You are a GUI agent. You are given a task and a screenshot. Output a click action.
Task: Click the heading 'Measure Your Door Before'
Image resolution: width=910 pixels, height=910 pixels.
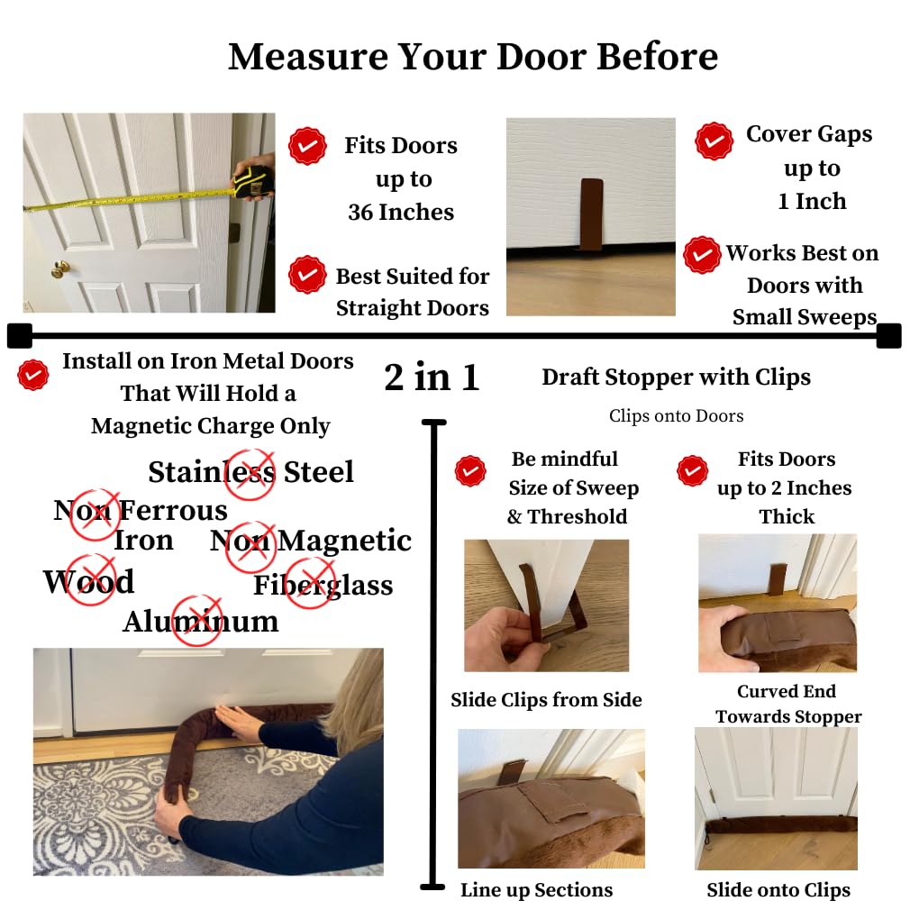(x=473, y=57)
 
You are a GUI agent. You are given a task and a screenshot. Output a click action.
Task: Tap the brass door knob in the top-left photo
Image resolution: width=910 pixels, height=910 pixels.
(x=59, y=269)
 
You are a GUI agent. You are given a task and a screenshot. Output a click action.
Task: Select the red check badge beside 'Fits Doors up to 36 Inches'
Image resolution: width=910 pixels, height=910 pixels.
(x=307, y=145)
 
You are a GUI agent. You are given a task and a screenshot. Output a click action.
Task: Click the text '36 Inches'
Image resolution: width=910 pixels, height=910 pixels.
(x=401, y=212)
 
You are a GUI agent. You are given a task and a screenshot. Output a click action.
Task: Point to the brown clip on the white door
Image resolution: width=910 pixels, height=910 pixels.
(x=591, y=214)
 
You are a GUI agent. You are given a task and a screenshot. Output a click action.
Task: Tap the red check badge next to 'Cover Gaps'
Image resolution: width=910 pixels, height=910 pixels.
(x=714, y=141)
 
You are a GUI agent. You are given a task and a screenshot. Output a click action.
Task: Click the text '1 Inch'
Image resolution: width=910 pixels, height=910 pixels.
(x=812, y=201)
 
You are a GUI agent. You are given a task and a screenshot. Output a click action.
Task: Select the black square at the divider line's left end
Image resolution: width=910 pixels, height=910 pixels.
(x=19, y=335)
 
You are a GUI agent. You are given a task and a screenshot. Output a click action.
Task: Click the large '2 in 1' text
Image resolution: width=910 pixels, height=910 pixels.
(x=432, y=378)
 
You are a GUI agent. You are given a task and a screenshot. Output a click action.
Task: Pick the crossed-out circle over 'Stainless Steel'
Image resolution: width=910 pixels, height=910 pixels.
(x=250, y=473)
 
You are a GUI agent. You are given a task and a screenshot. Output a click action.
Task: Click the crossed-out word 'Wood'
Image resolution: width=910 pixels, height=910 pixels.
(x=88, y=581)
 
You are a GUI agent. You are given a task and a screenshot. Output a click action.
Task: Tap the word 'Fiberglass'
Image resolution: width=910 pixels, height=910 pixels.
(x=323, y=585)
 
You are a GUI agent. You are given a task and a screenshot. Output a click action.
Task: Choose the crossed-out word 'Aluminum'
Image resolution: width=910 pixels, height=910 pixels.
(x=200, y=621)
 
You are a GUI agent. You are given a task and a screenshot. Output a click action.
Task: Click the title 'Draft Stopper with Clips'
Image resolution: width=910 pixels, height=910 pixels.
(x=676, y=378)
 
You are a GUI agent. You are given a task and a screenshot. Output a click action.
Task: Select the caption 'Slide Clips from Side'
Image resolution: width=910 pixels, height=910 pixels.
(x=546, y=700)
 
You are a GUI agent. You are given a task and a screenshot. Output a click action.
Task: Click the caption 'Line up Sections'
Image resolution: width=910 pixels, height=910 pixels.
(x=536, y=890)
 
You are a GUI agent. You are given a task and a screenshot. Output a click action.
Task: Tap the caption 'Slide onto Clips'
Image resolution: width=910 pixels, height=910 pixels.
(x=778, y=890)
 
